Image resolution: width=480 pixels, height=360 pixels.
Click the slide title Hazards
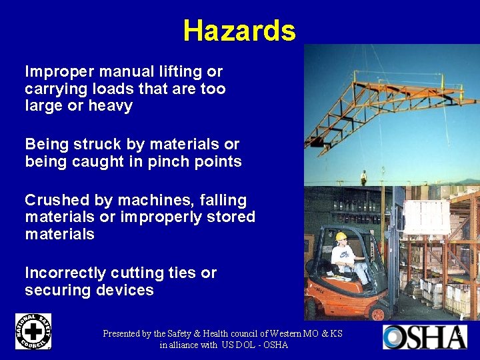[x=239, y=31]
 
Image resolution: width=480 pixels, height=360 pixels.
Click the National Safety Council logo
[x=33, y=331]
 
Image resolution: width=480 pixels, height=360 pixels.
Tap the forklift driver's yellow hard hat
[x=341, y=237]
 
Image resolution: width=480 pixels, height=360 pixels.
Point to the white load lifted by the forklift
[x=427, y=217]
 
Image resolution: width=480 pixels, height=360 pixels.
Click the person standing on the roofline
[x=363, y=177]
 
